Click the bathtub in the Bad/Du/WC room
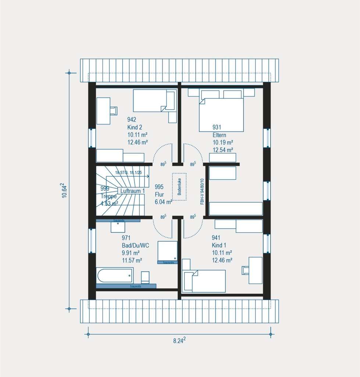pos(114,275)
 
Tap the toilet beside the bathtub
pos(146,277)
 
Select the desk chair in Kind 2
pos(114,110)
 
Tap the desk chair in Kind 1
pos(245,270)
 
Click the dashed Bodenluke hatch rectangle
pos(179,187)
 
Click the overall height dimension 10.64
pos(64,191)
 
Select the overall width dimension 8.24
pos(179,341)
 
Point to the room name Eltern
pos(219,135)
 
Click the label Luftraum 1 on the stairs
pos(132,191)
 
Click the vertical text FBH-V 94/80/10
pos(202,191)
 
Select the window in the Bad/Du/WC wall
pos(92,240)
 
